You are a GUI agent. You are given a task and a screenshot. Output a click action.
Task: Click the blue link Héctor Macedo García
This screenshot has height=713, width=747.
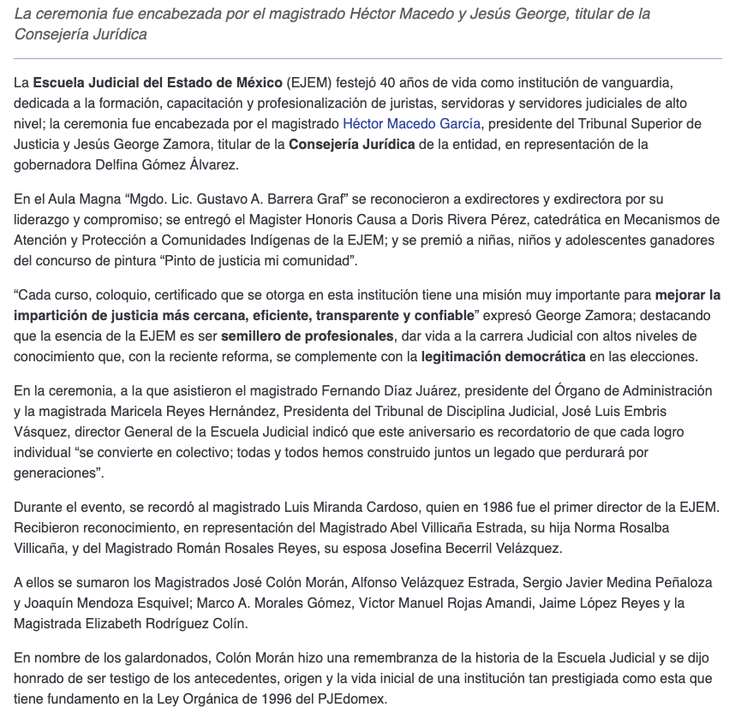tap(411, 123)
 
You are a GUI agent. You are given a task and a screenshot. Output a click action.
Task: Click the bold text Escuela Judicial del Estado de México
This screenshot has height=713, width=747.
tap(158, 82)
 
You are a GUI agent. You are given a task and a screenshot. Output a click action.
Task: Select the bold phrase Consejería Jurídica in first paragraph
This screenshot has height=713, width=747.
tap(352, 144)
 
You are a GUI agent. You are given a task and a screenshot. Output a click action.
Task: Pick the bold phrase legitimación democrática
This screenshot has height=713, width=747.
tap(504, 356)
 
